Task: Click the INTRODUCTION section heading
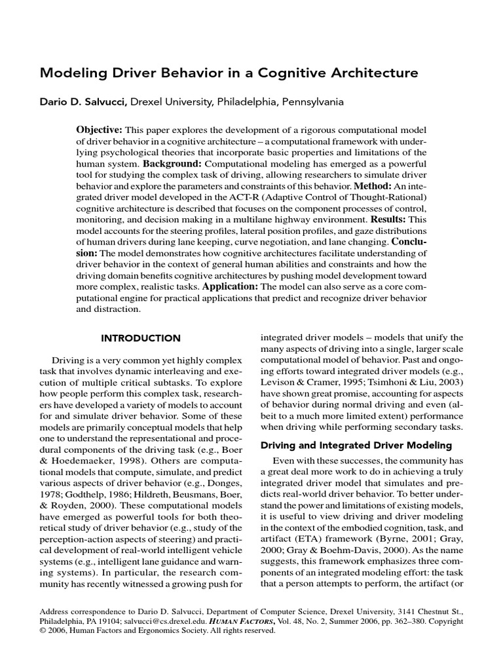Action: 140,338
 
